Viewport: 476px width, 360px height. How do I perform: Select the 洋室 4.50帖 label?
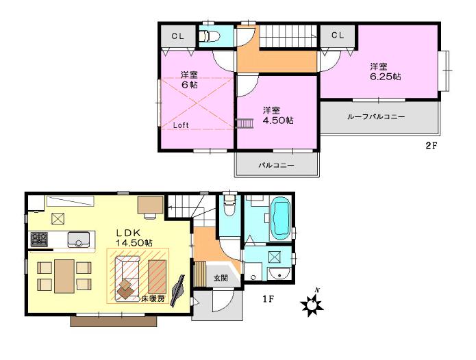[277, 115]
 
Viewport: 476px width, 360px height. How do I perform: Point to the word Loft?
[181, 125]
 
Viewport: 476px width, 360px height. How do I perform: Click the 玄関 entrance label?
[221, 278]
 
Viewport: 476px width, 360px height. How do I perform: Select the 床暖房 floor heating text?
[153, 298]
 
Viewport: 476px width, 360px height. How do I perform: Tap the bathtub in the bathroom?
[281, 218]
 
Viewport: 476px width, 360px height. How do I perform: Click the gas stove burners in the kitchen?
[38, 240]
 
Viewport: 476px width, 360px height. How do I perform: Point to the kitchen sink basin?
[79, 240]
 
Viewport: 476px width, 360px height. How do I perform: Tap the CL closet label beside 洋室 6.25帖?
[337, 35]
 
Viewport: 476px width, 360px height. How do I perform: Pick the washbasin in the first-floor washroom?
[280, 275]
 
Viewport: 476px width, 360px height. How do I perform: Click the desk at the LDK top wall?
[149, 205]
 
